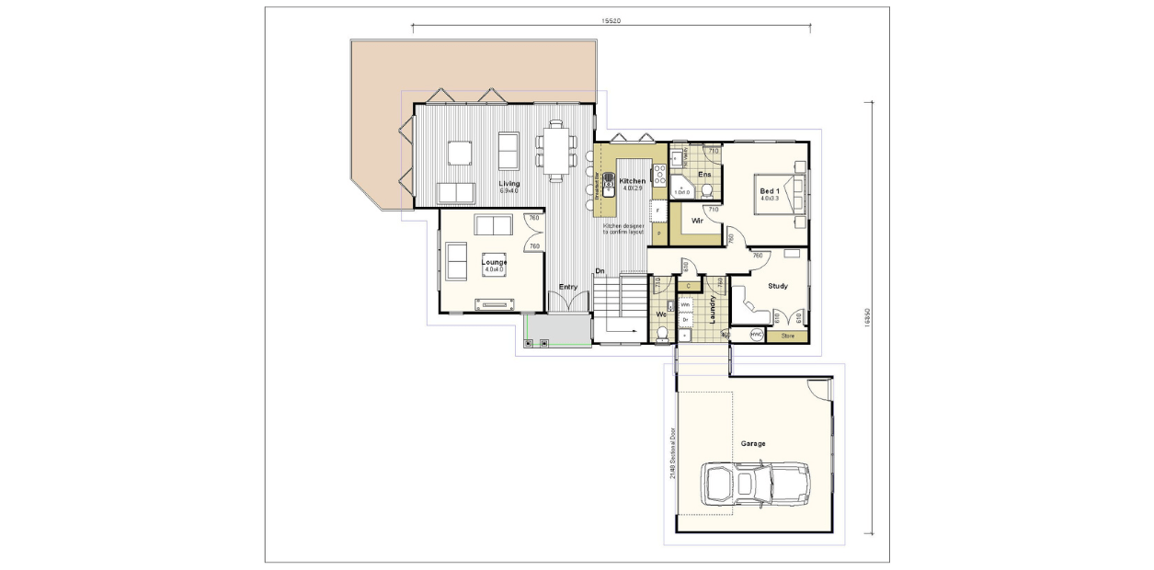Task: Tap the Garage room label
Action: (x=753, y=443)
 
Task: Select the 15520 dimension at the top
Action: (x=611, y=19)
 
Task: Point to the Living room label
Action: (x=508, y=184)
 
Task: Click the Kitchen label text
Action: (x=633, y=181)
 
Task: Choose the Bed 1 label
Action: (x=770, y=191)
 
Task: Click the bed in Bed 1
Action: (x=781, y=193)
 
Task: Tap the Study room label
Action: (x=777, y=286)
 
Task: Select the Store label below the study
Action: (x=787, y=336)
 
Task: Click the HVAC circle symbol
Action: (x=757, y=336)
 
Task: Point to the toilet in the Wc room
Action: (x=661, y=333)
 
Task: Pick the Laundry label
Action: (x=713, y=311)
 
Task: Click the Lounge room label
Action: (x=494, y=263)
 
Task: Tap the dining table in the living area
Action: (x=555, y=152)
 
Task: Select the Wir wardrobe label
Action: (x=697, y=221)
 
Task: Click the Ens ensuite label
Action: (x=704, y=174)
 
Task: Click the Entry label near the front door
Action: (x=568, y=287)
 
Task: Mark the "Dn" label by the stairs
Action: (x=600, y=270)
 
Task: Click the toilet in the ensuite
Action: (x=706, y=191)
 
